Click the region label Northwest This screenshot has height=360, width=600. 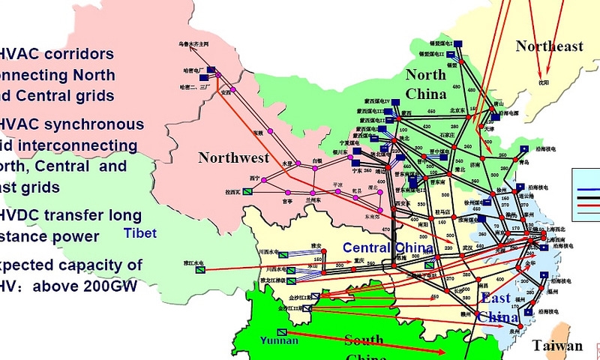click(233, 157)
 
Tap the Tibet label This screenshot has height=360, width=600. click(140, 234)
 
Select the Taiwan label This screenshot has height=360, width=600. click(557, 346)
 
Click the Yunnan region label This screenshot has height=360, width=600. click(279, 340)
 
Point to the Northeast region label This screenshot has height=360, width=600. click(549, 46)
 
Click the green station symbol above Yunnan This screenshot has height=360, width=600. click(281, 331)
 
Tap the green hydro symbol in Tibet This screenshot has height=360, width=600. click(200, 269)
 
